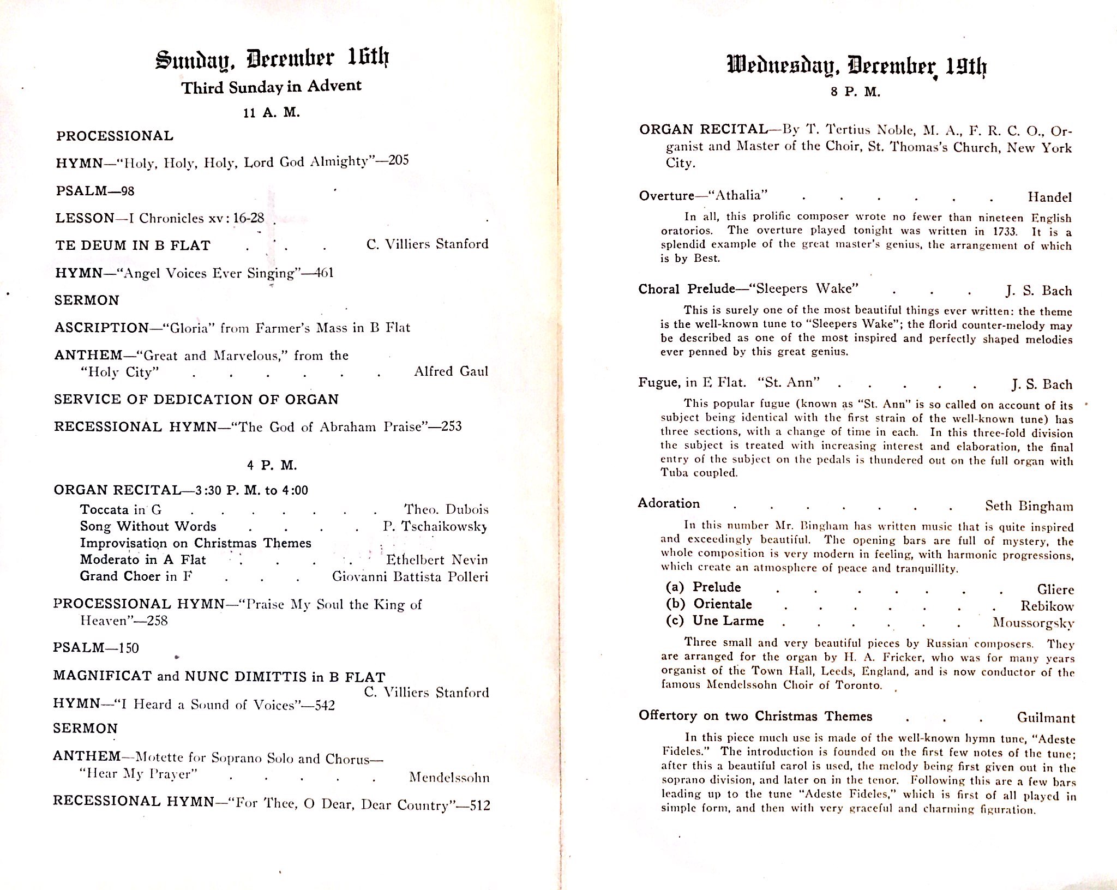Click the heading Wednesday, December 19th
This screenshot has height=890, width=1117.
pyautogui.click(x=857, y=66)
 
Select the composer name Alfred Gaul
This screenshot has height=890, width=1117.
pyautogui.click(x=451, y=371)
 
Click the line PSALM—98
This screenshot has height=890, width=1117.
pyautogui.click(x=95, y=191)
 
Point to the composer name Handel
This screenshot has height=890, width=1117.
pyautogui.click(x=1049, y=197)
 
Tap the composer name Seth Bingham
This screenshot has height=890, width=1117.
pyautogui.click(x=1029, y=506)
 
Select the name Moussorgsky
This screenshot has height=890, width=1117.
pyautogui.click(x=1033, y=622)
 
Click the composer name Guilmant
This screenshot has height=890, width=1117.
pyautogui.click(x=1046, y=718)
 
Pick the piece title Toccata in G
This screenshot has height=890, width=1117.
pyautogui.click(x=121, y=509)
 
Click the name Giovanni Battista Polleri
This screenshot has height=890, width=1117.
pyautogui.click(x=410, y=576)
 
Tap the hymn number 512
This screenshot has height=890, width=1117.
pyautogui.click(x=479, y=805)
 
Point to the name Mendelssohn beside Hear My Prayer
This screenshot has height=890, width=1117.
pyautogui.click(x=449, y=777)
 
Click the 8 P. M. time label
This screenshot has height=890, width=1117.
pyautogui.click(x=855, y=92)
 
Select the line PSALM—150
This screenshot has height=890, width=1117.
pyautogui.click(x=96, y=648)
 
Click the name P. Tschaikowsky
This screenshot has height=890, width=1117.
pyautogui.click(x=435, y=526)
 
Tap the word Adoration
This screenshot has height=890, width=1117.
pyautogui.click(x=669, y=503)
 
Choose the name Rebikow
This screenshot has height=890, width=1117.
pyautogui.click(x=1047, y=606)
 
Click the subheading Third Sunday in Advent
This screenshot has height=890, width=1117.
pyautogui.click(x=271, y=87)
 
